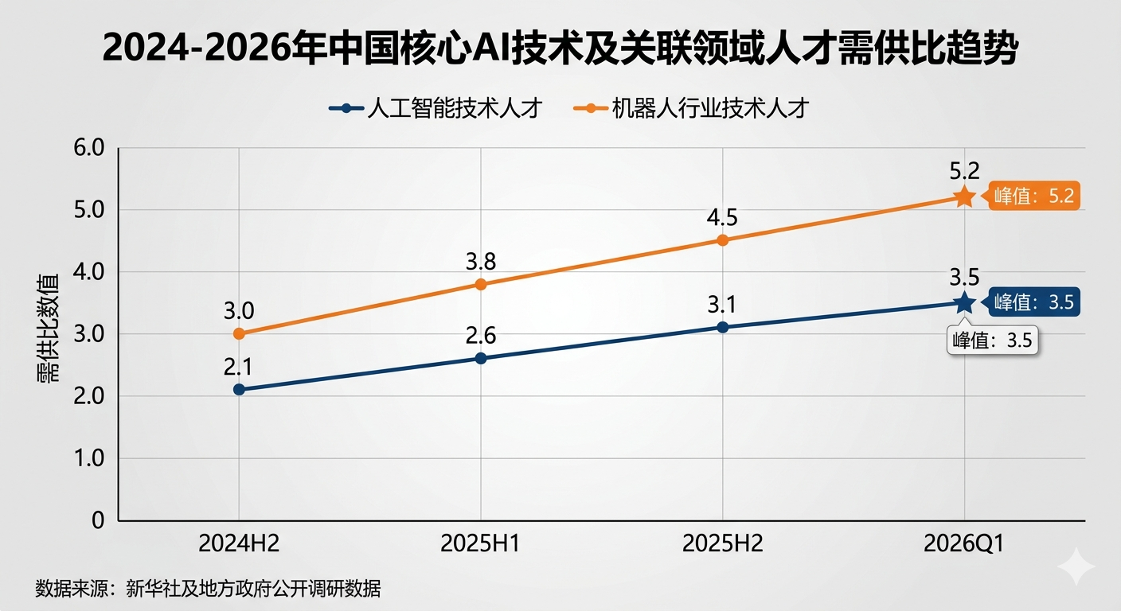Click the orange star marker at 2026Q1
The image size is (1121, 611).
pos(964,197)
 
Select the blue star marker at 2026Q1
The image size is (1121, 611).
pos(964,302)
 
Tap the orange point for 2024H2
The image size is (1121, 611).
pos(239,334)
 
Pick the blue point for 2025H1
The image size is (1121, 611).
pos(481,358)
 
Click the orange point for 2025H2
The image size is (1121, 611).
pos(723,239)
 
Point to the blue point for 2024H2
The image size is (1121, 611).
pos(239,389)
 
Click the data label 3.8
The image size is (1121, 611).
pos(481,262)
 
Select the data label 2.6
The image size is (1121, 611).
pos(481,336)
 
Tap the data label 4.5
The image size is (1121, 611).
pos(723,217)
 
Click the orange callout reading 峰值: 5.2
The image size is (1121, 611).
pos(1034,197)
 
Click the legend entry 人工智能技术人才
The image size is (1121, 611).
pos(436,108)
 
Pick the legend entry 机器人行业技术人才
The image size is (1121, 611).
pos(690,108)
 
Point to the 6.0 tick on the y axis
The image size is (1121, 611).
pos(88,148)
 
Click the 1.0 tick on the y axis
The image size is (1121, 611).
pos(88,458)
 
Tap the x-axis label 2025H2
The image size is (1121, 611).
pos(723,543)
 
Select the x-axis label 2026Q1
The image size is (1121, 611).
pos(964,543)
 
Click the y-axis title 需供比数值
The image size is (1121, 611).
pos(49,334)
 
